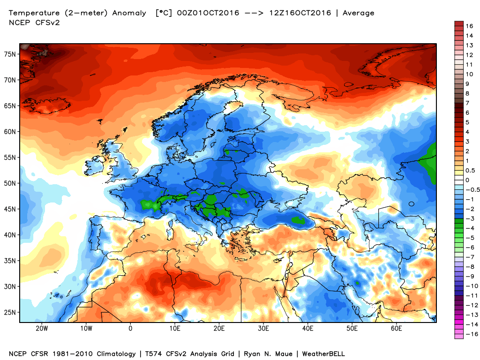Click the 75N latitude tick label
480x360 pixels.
(x=11, y=54)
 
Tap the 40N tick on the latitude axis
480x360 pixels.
(x=11, y=235)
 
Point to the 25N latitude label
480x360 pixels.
(x=11, y=312)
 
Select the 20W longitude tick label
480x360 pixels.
(x=42, y=329)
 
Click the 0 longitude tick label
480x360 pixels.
(x=130, y=329)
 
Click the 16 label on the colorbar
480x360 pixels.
(x=469, y=26)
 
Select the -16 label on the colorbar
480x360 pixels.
(x=470, y=334)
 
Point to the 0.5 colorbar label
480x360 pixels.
(x=470, y=170)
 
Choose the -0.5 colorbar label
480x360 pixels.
(x=471, y=190)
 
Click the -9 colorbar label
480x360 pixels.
(x=469, y=276)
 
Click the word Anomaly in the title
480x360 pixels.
(x=129, y=13)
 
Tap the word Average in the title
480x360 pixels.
(x=359, y=13)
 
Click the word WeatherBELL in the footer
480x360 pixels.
(x=323, y=353)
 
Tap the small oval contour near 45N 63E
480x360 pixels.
(x=411, y=204)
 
